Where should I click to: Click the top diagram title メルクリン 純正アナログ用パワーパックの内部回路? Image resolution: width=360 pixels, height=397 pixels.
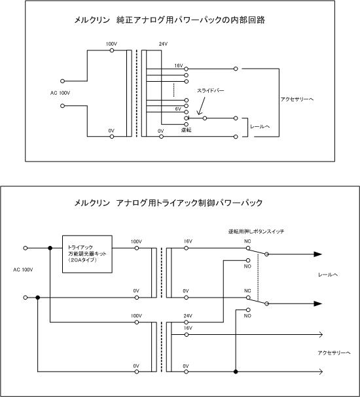click(170, 20)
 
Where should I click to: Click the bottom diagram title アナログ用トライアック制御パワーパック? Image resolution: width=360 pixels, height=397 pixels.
click(189, 203)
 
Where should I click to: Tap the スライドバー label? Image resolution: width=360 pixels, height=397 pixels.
click(211, 91)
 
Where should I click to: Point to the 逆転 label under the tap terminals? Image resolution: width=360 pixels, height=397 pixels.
click(186, 130)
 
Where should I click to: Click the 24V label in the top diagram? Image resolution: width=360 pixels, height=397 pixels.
click(163, 44)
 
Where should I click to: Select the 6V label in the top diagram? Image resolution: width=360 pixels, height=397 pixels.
click(178, 109)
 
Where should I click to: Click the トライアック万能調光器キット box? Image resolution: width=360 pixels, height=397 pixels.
click(87, 254)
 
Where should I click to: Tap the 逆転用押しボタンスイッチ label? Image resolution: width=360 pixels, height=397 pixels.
click(256, 231)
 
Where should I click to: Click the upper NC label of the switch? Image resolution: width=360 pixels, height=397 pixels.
click(247, 241)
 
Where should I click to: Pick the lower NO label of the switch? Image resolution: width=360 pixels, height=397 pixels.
click(247, 316)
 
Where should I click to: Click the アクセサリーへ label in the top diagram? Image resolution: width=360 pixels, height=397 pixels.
click(297, 99)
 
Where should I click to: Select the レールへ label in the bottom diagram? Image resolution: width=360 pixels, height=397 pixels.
click(328, 275)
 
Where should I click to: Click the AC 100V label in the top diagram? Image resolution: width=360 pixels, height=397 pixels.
click(60, 93)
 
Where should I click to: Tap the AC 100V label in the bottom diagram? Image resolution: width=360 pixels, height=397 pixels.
click(23, 269)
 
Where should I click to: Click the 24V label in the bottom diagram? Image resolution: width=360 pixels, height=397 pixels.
click(188, 316)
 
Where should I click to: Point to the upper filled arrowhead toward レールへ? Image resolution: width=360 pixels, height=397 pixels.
click(318, 254)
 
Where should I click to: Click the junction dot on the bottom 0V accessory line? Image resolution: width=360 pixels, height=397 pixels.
click(236, 371)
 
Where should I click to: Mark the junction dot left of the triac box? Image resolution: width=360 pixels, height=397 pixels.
click(50, 248)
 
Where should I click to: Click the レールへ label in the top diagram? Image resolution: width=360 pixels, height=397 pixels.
click(260, 126)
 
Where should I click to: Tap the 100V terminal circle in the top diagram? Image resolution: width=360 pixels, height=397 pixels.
click(112, 50)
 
